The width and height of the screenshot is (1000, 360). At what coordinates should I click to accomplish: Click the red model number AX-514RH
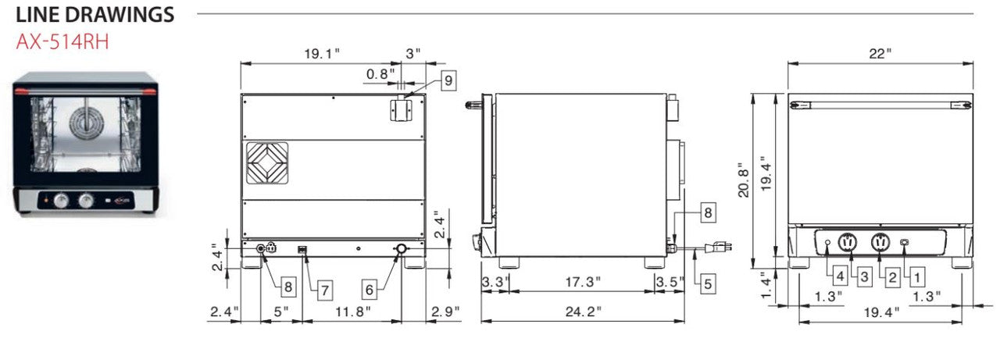[62, 42]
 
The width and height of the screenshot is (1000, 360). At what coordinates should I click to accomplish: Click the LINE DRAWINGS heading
[95, 15]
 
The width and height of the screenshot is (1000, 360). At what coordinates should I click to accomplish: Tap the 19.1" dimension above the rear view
[322, 54]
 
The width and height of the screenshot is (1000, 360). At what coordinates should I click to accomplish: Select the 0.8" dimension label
[380, 74]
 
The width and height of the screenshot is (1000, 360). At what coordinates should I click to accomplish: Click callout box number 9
[448, 80]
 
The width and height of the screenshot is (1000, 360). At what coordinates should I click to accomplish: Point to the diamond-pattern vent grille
[267, 163]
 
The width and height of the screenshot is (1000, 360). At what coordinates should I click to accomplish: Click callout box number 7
[325, 290]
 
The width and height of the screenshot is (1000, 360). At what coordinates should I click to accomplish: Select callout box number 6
[370, 290]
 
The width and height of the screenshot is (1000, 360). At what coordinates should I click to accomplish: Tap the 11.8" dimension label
[352, 312]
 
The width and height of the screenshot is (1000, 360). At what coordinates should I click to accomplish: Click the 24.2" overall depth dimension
[583, 312]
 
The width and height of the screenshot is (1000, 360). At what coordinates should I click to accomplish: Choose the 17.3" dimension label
[583, 283]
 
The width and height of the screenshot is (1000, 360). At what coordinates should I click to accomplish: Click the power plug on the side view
[718, 246]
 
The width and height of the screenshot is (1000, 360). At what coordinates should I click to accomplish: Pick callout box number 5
[708, 283]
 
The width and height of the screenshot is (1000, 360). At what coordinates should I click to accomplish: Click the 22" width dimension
[880, 54]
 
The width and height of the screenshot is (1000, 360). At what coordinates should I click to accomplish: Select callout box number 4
[841, 276]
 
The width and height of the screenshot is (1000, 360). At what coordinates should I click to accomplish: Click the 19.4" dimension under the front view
[881, 312]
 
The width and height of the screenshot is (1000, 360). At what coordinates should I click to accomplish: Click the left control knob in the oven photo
[61, 201]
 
